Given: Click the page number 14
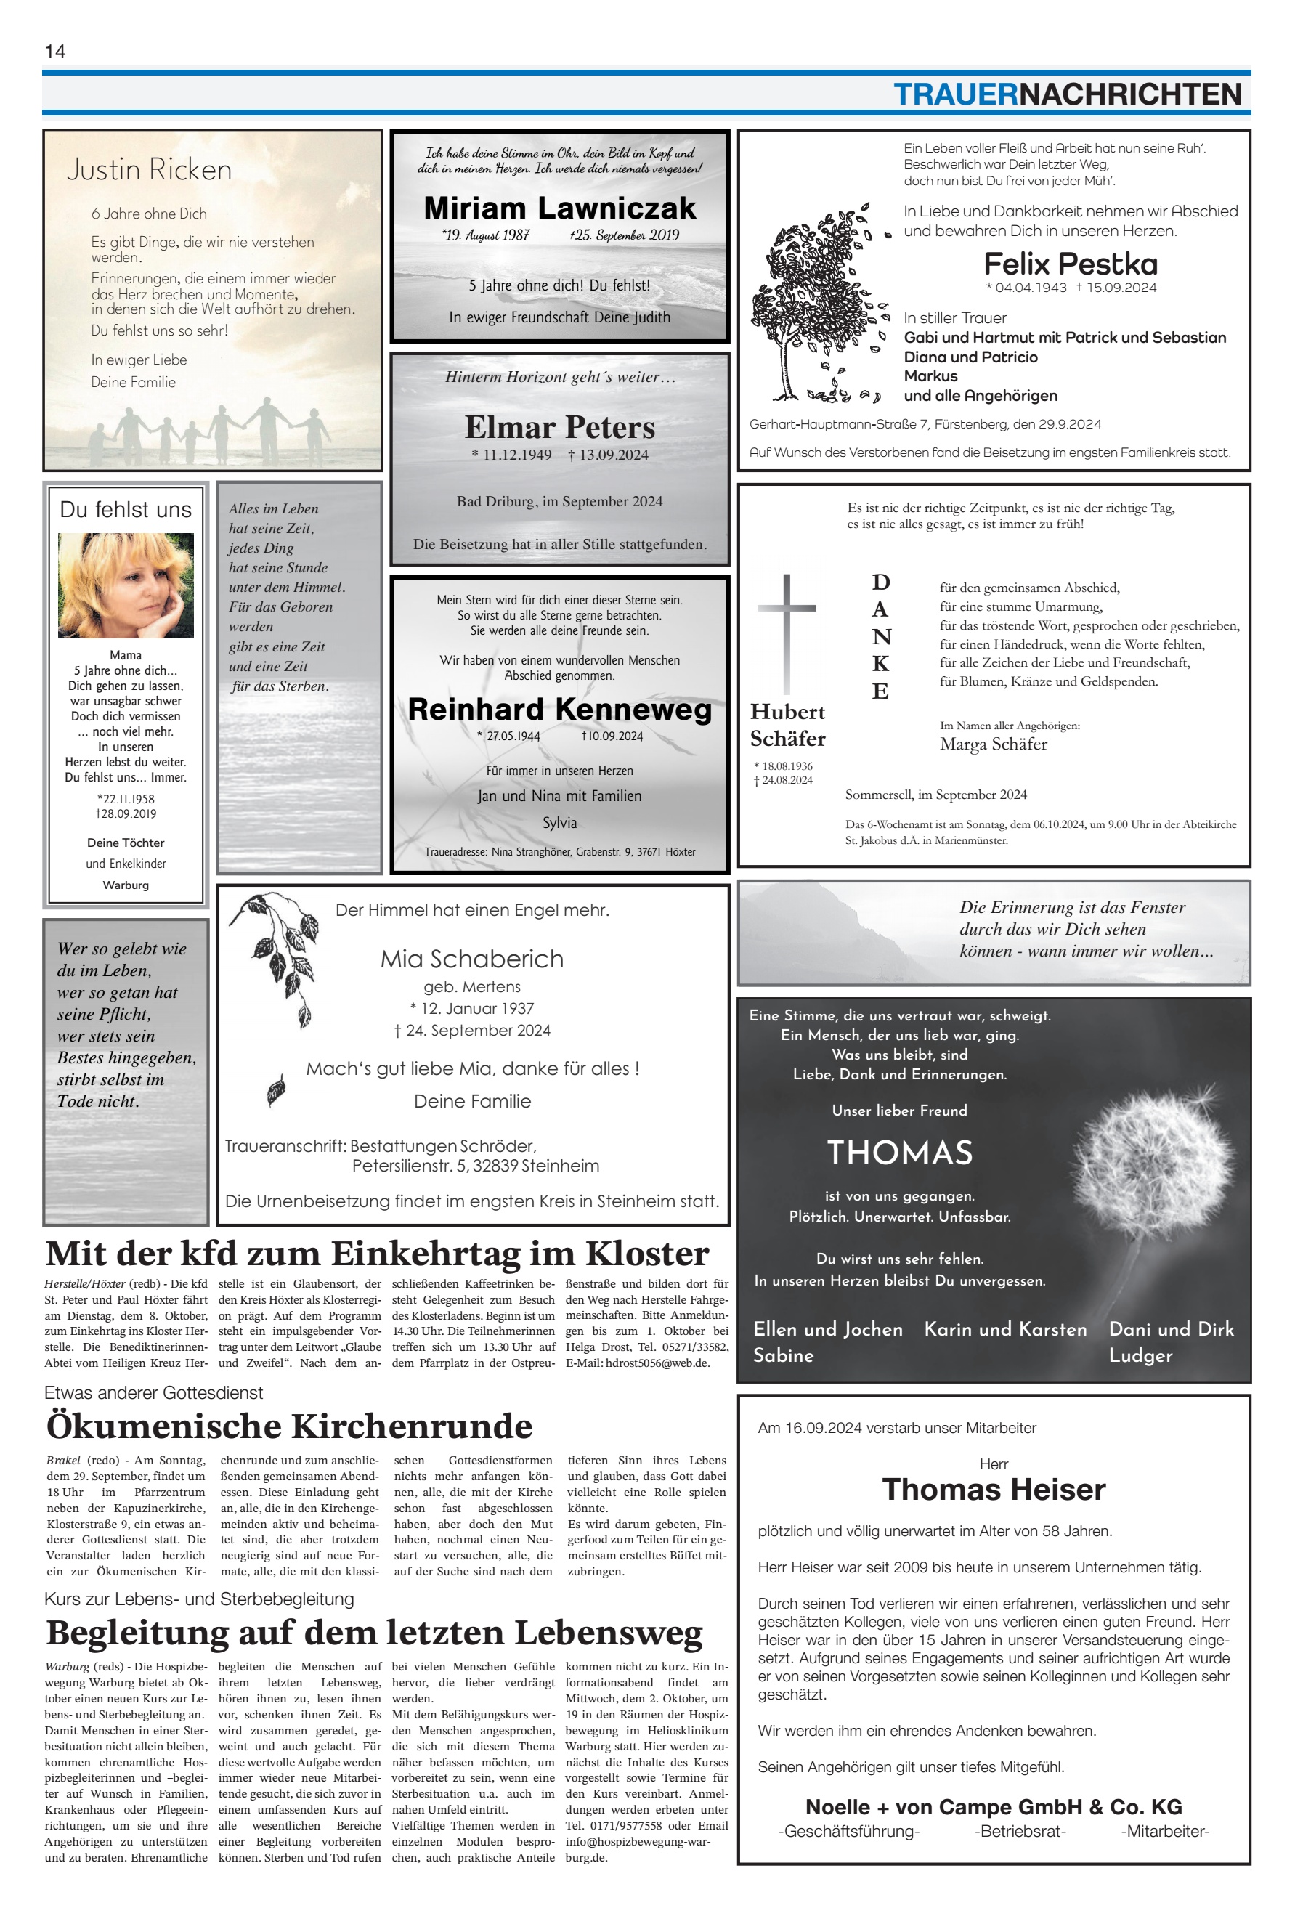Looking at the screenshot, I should tap(55, 52).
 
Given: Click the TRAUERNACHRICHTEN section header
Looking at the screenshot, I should tap(1067, 94).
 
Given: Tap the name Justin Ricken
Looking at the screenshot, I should tap(150, 170).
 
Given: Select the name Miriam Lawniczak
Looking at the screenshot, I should tap(559, 208).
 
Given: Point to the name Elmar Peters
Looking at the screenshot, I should tap(559, 428).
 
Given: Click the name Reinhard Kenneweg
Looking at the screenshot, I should tap(559, 710).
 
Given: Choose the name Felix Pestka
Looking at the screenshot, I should tap(1070, 264).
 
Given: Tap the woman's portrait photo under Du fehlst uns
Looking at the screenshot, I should tap(126, 585).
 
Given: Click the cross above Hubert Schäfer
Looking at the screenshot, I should tap(787, 632).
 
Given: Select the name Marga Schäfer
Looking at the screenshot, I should tap(993, 744).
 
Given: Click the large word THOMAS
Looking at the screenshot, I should tap(899, 1153).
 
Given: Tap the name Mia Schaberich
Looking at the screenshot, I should tap(471, 959).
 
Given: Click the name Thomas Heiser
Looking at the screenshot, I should tap(994, 1490).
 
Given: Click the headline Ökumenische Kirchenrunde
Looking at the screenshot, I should tap(289, 1426).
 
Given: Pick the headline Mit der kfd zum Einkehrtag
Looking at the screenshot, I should tap(377, 1254).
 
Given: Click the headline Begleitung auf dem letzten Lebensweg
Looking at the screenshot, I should tap(375, 1632).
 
